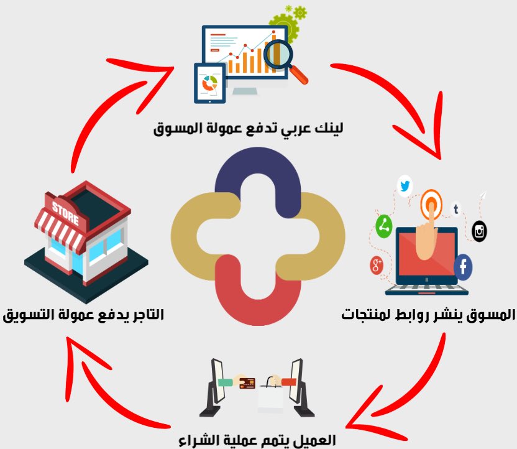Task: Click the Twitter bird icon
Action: (x=405, y=185)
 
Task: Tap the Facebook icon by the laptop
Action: (x=463, y=267)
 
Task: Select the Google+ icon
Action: (x=376, y=266)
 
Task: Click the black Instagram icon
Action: (x=480, y=231)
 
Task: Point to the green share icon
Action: (x=384, y=225)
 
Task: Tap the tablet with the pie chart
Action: (x=209, y=83)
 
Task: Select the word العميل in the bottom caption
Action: (x=316, y=440)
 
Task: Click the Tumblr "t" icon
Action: (x=455, y=210)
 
